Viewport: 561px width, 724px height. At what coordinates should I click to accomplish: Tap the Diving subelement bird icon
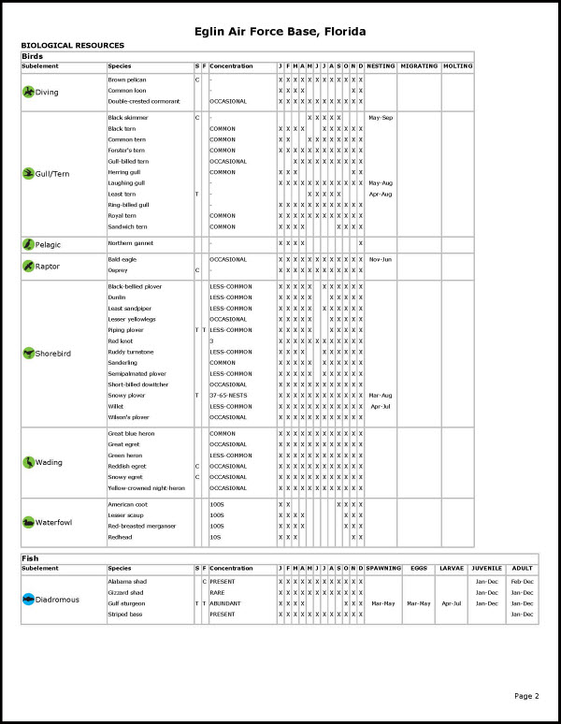[x=28, y=91]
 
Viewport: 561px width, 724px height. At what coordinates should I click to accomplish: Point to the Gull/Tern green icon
[x=28, y=172]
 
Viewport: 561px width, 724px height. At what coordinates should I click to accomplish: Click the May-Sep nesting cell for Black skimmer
[x=381, y=118]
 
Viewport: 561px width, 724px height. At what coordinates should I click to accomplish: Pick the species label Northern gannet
[x=130, y=243]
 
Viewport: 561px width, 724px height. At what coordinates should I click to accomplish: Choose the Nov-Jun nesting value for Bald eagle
[x=381, y=259]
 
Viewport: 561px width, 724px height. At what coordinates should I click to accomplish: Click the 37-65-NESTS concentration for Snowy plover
[x=231, y=395]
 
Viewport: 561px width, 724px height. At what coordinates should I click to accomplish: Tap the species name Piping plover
[x=126, y=330]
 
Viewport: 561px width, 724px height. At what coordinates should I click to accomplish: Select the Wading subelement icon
[x=28, y=462]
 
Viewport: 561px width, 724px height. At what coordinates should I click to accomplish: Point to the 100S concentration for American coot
[x=218, y=504]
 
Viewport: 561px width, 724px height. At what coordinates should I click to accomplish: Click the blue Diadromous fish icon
[x=28, y=598]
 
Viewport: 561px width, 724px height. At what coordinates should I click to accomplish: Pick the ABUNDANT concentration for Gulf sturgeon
[x=225, y=603]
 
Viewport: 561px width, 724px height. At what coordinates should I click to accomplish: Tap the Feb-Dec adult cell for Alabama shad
[x=522, y=582]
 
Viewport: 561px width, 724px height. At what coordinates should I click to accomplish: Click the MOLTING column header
[x=458, y=66]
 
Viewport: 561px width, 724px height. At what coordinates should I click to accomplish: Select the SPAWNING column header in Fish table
[x=382, y=568]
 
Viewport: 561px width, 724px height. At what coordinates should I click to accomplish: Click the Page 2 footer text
[x=526, y=696]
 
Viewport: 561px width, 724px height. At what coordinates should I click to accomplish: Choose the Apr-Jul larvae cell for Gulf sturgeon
[x=452, y=603]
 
